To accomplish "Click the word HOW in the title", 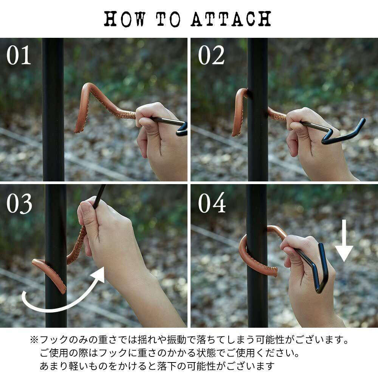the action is tap(125, 19).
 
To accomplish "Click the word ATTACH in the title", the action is tap(231, 19).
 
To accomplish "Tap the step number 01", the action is tap(19, 55).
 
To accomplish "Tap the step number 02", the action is tap(211, 55).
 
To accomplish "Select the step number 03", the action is tap(19, 204).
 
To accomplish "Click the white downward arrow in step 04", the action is tap(344, 240).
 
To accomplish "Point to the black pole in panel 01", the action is tap(53, 110).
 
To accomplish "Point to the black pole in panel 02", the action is tap(258, 110).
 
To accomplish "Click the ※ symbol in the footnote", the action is tap(34, 340).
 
